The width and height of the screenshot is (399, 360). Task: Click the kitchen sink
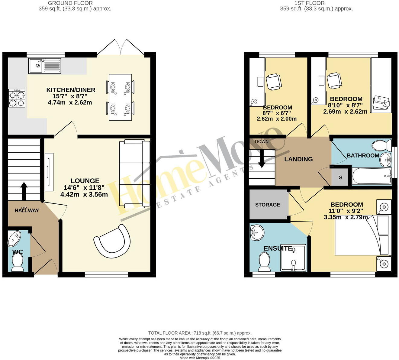(x=45, y=66)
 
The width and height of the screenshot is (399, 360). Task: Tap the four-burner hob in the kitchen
(x=17, y=99)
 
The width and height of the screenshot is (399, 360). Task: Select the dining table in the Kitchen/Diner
(x=120, y=97)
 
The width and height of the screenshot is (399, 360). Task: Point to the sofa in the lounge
(x=134, y=174)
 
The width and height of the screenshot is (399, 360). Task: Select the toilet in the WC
(x=18, y=262)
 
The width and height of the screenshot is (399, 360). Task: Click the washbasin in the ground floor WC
(x=14, y=238)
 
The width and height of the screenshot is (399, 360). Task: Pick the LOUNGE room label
(x=85, y=181)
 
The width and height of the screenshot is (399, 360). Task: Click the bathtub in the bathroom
(x=372, y=176)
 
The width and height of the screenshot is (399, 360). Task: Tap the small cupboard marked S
(x=340, y=177)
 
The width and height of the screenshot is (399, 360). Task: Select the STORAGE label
(x=267, y=205)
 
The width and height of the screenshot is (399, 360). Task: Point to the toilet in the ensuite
(x=265, y=262)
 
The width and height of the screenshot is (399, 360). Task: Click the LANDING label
(x=298, y=159)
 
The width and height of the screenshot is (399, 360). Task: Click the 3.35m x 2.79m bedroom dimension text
(x=346, y=217)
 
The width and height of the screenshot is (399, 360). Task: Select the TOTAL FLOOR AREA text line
(x=200, y=333)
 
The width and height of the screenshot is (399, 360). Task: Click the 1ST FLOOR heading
(x=309, y=3)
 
